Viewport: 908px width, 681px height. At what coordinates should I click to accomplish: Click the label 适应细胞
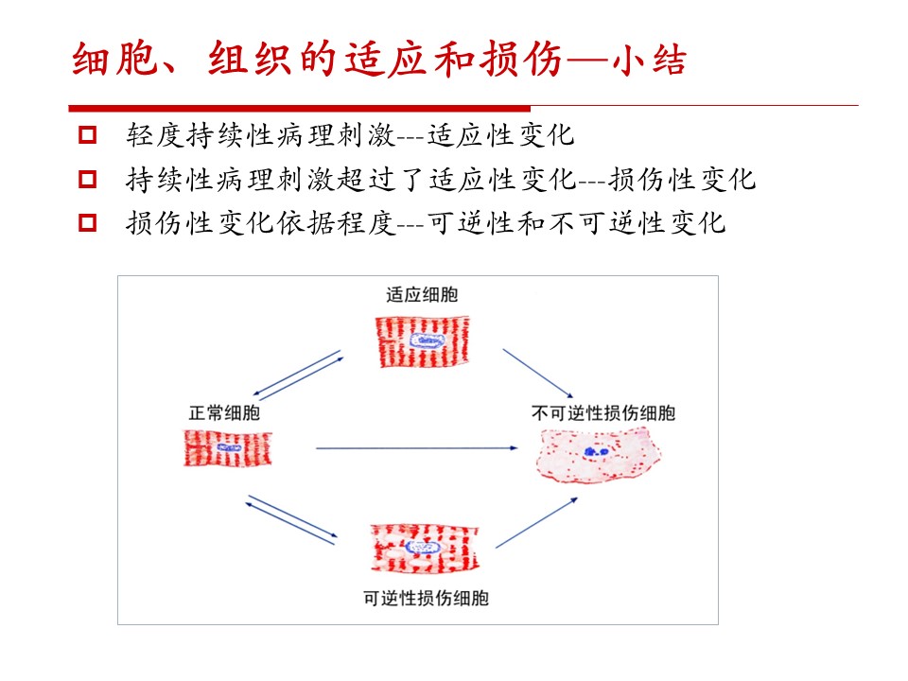(x=422, y=295)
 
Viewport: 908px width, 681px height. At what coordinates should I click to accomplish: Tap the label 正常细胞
(x=224, y=413)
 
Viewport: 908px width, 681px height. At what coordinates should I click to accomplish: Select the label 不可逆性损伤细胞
(x=603, y=413)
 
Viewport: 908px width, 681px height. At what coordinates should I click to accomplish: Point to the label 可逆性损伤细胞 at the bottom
(x=427, y=598)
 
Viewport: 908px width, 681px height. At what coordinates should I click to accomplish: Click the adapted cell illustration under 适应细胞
(x=422, y=341)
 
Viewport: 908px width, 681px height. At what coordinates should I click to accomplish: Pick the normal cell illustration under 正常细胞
(x=228, y=448)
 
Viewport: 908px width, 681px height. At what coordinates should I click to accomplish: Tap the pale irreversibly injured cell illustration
(x=598, y=455)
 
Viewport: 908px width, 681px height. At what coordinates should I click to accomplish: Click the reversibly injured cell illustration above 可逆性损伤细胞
(x=425, y=548)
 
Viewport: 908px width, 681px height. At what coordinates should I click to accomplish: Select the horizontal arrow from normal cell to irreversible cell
(x=417, y=447)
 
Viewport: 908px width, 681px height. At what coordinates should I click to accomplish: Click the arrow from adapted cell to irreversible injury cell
(x=538, y=373)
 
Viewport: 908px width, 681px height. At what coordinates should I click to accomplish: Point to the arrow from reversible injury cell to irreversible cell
(x=537, y=522)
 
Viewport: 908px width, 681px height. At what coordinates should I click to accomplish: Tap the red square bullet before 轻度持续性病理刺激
(x=87, y=135)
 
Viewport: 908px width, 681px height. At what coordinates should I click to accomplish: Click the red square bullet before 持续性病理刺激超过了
(x=87, y=179)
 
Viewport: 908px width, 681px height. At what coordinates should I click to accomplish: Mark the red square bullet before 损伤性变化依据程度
(x=87, y=222)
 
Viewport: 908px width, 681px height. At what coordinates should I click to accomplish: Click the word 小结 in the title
(x=650, y=59)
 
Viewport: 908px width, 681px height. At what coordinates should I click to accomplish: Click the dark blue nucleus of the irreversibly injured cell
(x=595, y=451)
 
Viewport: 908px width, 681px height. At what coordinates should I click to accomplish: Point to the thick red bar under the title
(x=300, y=108)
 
